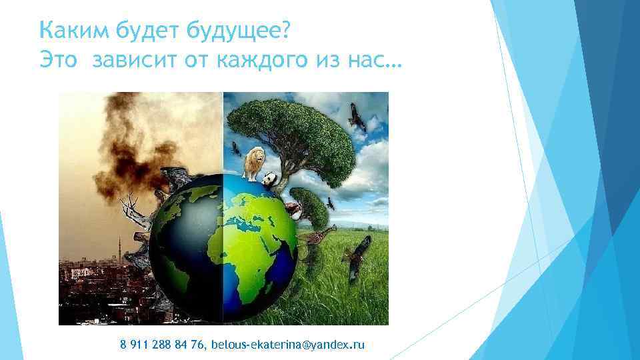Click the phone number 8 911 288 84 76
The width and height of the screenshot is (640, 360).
point(163,344)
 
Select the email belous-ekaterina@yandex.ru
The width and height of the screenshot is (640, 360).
point(288,344)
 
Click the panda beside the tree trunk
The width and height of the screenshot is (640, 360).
point(270,179)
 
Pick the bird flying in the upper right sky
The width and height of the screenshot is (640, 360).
point(357,119)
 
